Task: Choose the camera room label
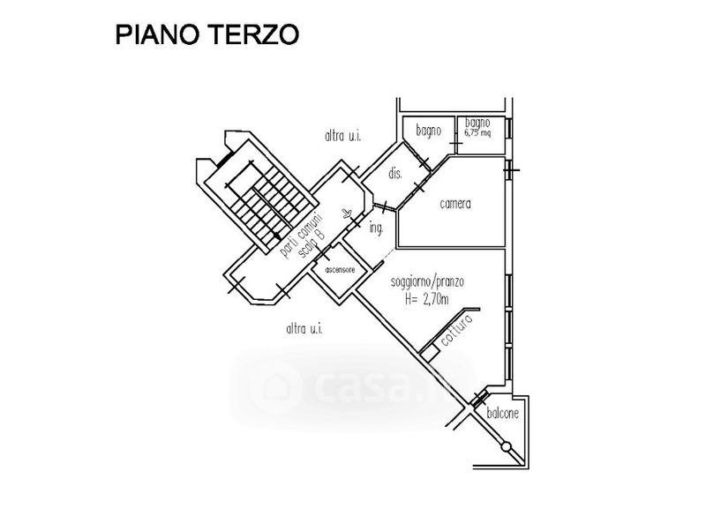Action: pos(454,204)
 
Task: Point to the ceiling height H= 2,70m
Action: pos(426,299)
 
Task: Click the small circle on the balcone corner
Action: pos(507,446)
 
